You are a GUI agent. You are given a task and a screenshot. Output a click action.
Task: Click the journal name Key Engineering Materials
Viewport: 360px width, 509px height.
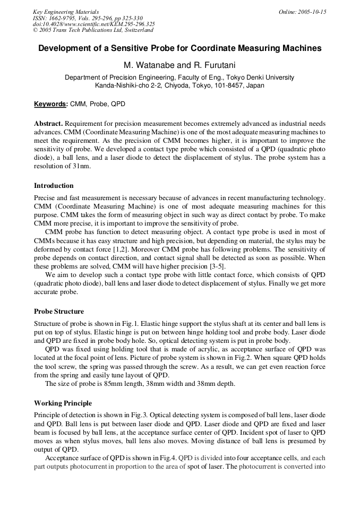click(x=66, y=12)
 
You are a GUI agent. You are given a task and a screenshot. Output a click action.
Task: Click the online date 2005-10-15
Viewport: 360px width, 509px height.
click(x=312, y=12)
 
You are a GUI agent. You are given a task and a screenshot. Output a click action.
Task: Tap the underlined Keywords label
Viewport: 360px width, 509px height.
click(x=50, y=104)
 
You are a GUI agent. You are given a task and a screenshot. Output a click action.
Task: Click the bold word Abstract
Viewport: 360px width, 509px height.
click(x=48, y=123)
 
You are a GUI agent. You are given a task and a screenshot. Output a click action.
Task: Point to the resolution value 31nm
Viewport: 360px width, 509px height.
click(x=81, y=166)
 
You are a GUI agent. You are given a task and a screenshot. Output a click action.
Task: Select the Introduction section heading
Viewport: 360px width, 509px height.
click(x=54, y=186)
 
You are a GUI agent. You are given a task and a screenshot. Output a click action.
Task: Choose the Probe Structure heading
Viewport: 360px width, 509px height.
click(x=59, y=312)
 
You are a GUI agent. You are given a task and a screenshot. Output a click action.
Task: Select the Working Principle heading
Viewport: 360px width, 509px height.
click(x=63, y=403)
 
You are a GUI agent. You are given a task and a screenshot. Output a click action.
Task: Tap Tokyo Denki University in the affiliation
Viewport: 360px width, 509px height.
click(x=259, y=77)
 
